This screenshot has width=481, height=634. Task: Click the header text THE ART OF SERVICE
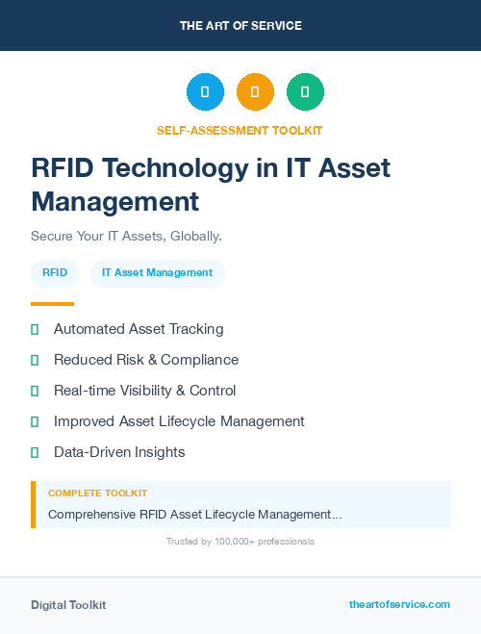(240, 26)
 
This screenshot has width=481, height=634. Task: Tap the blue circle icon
(205, 92)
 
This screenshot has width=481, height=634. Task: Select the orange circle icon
(255, 92)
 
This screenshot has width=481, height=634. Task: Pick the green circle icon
(305, 92)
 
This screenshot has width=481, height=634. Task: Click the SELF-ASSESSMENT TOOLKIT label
(240, 130)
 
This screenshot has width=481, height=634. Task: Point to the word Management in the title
(114, 201)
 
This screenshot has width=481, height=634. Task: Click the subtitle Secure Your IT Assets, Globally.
(127, 236)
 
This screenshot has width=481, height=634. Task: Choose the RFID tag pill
(55, 273)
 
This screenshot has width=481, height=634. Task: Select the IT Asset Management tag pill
(157, 273)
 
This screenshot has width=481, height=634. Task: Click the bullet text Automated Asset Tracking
(139, 329)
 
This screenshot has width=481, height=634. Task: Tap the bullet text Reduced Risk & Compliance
(145, 360)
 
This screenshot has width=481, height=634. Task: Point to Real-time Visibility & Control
(144, 391)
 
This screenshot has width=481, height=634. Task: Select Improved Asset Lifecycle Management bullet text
(179, 421)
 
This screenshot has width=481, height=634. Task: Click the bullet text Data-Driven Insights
(119, 452)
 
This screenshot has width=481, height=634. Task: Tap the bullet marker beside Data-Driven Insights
(35, 452)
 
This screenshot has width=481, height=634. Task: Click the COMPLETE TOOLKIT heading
(97, 494)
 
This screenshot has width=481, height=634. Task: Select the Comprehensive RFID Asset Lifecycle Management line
(194, 515)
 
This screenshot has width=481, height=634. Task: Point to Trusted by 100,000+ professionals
(240, 542)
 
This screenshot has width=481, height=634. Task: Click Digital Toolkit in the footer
(68, 605)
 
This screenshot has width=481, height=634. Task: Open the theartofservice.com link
(399, 604)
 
